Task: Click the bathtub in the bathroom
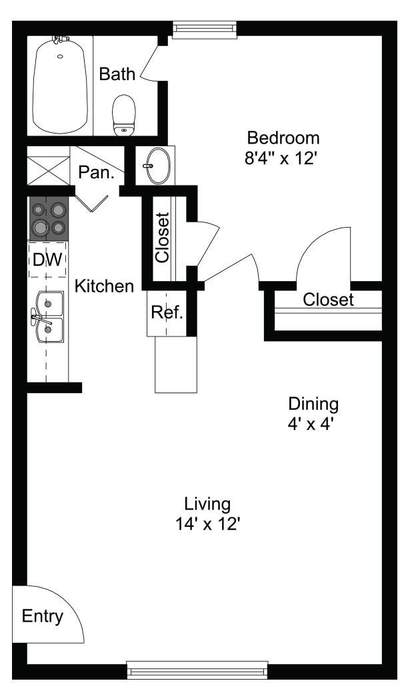tap(60, 85)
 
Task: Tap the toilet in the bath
tap(124, 115)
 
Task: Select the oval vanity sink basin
tap(158, 166)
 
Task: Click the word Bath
tap(117, 74)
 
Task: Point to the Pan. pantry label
tap(96, 172)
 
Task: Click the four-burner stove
tap(49, 218)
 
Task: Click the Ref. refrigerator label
tap(167, 312)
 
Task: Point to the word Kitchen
tap(104, 286)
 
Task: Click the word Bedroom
tap(283, 138)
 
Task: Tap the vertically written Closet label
tap(163, 238)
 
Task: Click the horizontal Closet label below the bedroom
tap(329, 300)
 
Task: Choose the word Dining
tap(313, 404)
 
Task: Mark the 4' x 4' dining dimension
tap(311, 425)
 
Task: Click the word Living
tap(207, 505)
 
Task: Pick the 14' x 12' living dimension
tap(207, 525)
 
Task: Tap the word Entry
tap(43, 616)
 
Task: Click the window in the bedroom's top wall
tap(205, 29)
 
